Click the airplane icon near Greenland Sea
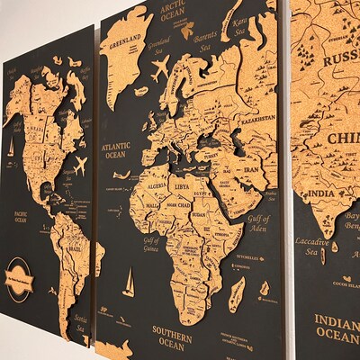[x=160, y=67]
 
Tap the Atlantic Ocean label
[x=116, y=149]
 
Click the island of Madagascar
[x=238, y=293]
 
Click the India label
[x=321, y=193]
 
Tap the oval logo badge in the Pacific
[x=19, y=274]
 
